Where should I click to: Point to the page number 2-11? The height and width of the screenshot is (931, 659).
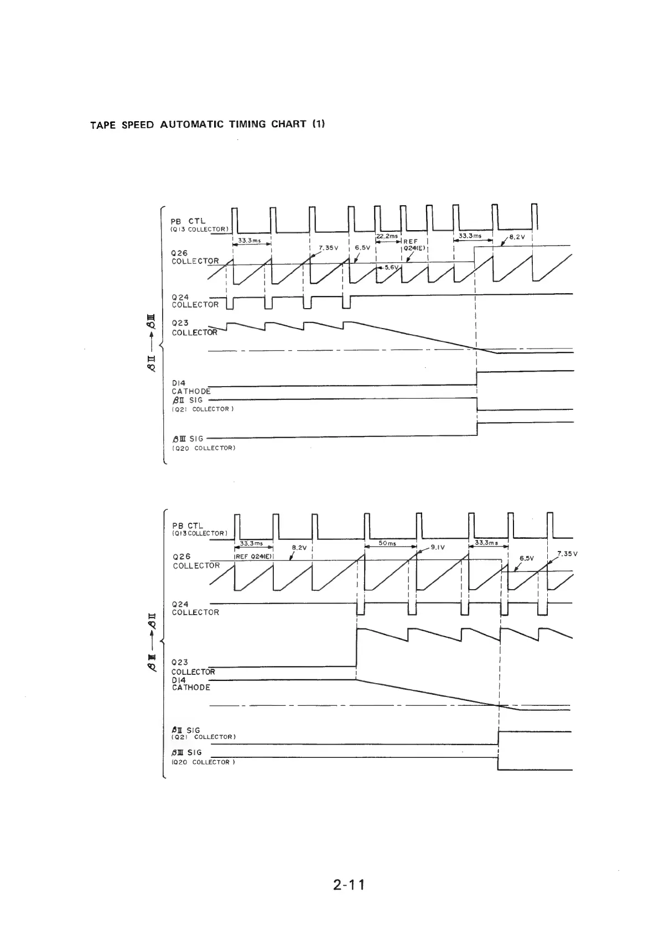pyautogui.click(x=349, y=885)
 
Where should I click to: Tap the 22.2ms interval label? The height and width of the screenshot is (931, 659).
pyautogui.click(x=387, y=236)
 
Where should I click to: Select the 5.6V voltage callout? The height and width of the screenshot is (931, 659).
pyautogui.click(x=392, y=267)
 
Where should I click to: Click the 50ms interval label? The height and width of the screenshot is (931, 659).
pyautogui.click(x=387, y=544)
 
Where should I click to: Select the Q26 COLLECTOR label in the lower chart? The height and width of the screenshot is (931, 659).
pyautogui.click(x=196, y=561)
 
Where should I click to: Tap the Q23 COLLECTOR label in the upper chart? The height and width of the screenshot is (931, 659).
pyautogui.click(x=194, y=327)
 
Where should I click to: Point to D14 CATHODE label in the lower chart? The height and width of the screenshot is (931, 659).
pyautogui.click(x=191, y=684)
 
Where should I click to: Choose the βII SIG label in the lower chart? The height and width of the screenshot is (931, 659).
pyautogui.click(x=186, y=730)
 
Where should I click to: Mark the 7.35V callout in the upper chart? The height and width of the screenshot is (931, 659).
pyautogui.click(x=329, y=247)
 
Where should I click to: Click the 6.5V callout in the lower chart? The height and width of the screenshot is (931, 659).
pyautogui.click(x=527, y=558)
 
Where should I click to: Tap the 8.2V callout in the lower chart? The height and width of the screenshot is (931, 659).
pyautogui.click(x=299, y=548)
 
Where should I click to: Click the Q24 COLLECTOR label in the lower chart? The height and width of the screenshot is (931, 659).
pyautogui.click(x=195, y=608)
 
